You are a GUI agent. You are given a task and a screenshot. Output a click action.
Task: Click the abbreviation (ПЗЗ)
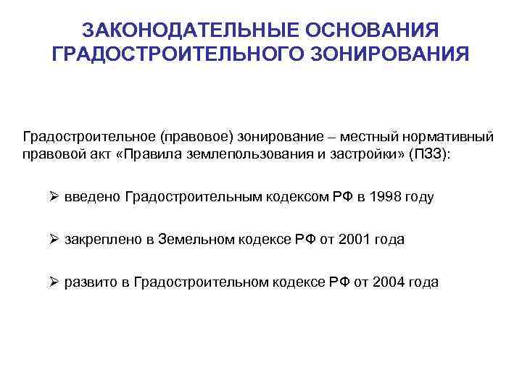tap(430, 154)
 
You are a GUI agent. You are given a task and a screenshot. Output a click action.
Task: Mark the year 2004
tap(389, 282)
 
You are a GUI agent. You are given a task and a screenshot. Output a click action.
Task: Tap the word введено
tap(92, 197)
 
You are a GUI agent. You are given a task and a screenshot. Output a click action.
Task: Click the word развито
tap(91, 282)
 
